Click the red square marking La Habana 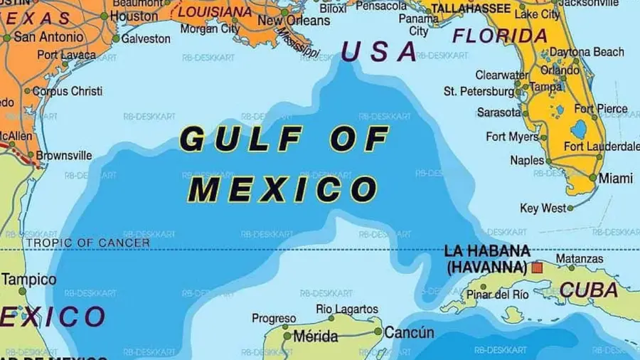pos(537,268)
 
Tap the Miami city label pos(616,179)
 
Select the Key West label pos(543,208)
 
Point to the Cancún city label pos(409,332)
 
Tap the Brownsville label pos(64,155)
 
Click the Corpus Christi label pos(68,91)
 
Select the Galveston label pos(146,38)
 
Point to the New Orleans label pos(294,21)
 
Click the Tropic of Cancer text pos(88,243)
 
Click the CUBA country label pos(588,290)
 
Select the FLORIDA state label pos(500,36)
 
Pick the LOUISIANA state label pos(215,12)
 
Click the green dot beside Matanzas pos(551,268)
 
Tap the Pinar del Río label pos(498,293)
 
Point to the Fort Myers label pos(512,137)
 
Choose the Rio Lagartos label pos(347,309)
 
